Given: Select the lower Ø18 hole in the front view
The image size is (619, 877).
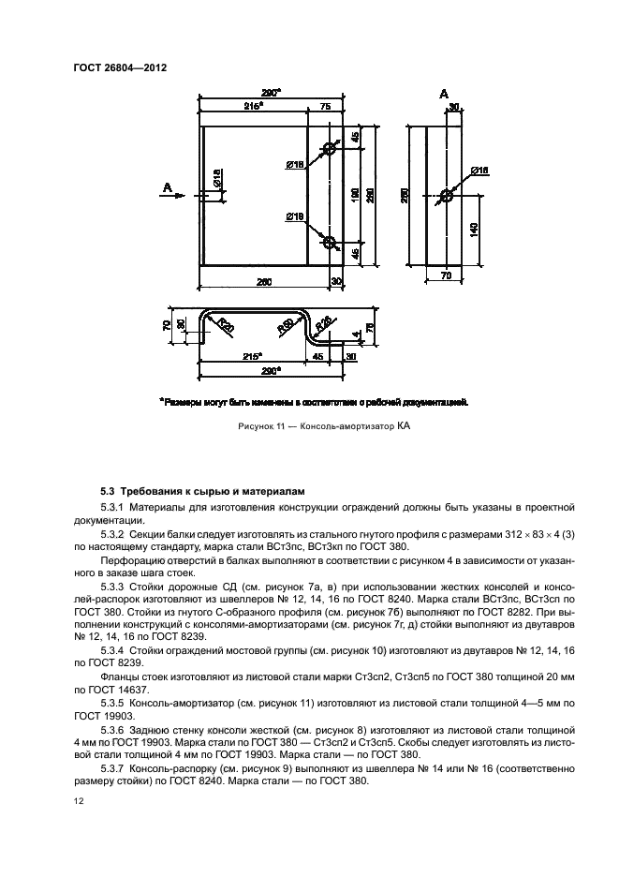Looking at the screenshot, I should (329, 242).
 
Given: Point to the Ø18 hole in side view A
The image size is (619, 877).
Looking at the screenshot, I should (446, 197).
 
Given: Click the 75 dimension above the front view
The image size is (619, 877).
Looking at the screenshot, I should (325, 109).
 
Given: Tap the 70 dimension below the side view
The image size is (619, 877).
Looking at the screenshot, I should (446, 277).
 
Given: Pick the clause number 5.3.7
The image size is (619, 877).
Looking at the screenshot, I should (117, 766).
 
